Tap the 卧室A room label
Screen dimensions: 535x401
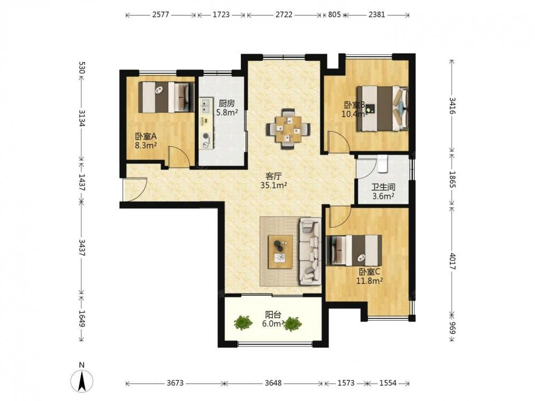click(x=146, y=136)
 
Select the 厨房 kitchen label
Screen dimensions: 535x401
click(x=227, y=103)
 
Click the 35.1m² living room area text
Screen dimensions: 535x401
click(x=273, y=186)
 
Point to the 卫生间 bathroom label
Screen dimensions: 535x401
click(x=383, y=187)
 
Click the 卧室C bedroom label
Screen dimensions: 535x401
click(x=370, y=272)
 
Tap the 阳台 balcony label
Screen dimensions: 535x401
click(x=273, y=314)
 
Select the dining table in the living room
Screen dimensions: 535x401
click(x=289, y=129)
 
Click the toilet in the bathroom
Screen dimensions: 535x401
click(x=384, y=163)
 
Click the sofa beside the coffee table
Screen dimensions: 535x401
click(x=310, y=251)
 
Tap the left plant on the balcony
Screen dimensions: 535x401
click(x=243, y=322)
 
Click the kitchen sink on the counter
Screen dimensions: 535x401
click(x=206, y=106)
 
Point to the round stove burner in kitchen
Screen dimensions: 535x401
click(x=206, y=136)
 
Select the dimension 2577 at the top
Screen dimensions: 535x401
click(x=160, y=14)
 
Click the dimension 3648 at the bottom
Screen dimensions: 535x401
click(x=273, y=383)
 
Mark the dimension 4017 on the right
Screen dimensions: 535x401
click(x=452, y=261)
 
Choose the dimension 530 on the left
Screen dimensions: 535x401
click(x=81, y=68)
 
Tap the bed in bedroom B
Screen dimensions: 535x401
click(x=383, y=109)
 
